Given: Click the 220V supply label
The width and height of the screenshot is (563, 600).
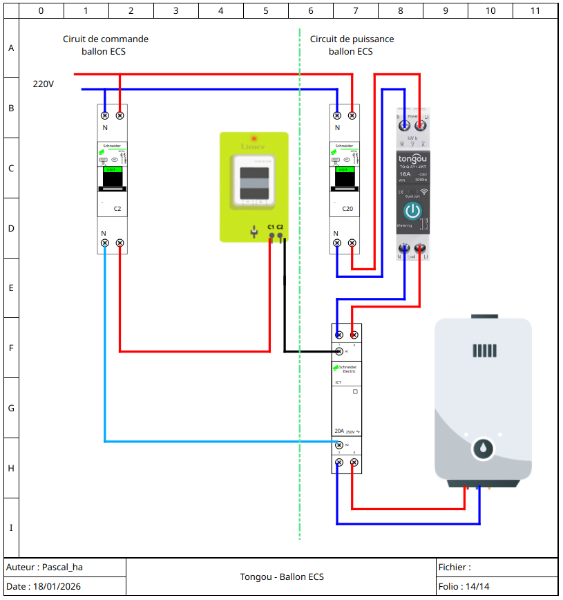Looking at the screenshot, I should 44,84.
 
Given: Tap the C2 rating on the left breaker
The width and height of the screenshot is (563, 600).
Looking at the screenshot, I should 117,208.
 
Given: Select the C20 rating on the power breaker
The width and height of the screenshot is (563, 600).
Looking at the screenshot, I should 347,208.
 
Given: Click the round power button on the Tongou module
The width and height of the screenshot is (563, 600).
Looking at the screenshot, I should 412,211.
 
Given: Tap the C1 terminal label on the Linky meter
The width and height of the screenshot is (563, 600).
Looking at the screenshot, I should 271,227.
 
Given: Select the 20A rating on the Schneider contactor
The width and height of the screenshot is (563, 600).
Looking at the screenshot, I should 339,431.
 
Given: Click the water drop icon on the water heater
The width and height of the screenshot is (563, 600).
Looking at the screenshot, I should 483,449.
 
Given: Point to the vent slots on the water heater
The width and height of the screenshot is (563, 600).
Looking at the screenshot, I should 484,350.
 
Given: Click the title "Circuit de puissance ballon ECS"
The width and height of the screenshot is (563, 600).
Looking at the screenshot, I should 352,45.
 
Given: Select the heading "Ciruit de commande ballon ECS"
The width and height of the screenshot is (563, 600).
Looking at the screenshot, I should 105,45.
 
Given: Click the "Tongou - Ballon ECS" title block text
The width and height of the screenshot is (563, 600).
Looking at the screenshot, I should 282,577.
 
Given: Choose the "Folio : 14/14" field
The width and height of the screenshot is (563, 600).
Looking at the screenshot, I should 464,587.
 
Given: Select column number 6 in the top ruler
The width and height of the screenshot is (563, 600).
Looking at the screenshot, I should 310,10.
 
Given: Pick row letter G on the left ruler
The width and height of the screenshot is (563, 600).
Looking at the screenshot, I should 11,408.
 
